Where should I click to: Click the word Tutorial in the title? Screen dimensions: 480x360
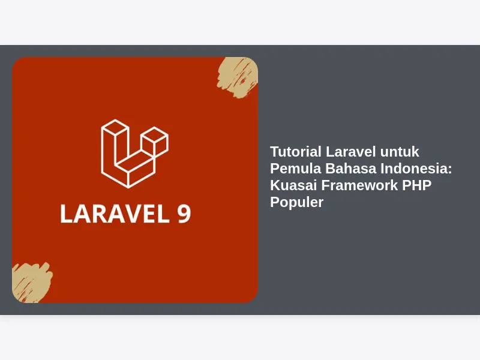click(x=295, y=152)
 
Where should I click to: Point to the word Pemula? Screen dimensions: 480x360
click(x=295, y=169)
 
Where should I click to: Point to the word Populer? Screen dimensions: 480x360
click(x=296, y=203)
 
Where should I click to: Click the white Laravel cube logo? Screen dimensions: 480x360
click(x=134, y=154)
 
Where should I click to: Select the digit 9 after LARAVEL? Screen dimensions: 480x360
click(x=184, y=214)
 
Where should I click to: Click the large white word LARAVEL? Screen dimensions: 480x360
click(x=115, y=214)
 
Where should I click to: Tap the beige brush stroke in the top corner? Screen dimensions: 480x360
click(x=238, y=77)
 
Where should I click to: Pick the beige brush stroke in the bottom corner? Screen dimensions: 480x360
click(x=31, y=283)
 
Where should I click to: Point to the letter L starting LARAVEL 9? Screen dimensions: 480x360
click(x=67, y=214)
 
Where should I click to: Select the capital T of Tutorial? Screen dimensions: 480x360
click(x=275, y=152)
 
